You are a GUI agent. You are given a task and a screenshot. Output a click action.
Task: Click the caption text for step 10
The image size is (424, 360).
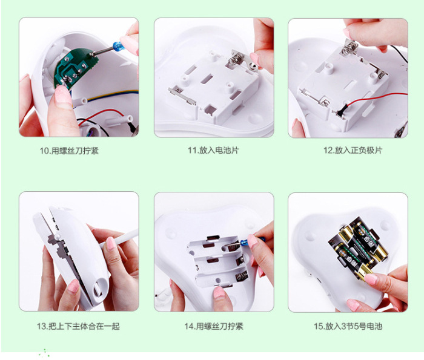tap(69, 151)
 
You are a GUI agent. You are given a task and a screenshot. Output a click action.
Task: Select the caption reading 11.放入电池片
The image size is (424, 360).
tap(213, 151)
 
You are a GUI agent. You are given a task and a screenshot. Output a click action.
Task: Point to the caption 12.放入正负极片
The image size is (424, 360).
tap(353, 151)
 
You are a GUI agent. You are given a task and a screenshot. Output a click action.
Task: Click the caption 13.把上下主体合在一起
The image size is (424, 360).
tap(78, 326)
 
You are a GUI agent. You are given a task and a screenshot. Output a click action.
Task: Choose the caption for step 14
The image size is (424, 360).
tap(214, 326)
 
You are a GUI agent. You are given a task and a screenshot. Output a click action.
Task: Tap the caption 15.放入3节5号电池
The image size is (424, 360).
tap(348, 326)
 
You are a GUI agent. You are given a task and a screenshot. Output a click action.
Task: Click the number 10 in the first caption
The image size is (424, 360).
tap(44, 151)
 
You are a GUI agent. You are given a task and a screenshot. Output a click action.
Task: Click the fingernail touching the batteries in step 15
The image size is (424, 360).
tap(371, 279)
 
